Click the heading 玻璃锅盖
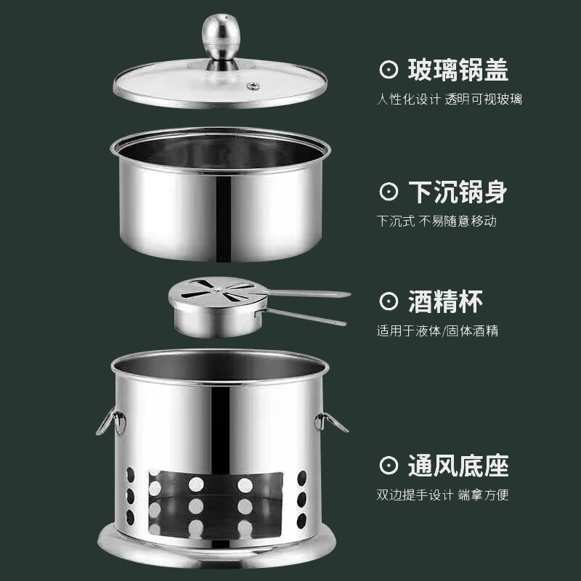click(458, 70)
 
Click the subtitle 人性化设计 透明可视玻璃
click(449, 99)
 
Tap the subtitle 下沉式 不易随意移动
click(436, 221)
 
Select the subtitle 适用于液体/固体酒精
click(437, 330)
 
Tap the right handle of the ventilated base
click(330, 420)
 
